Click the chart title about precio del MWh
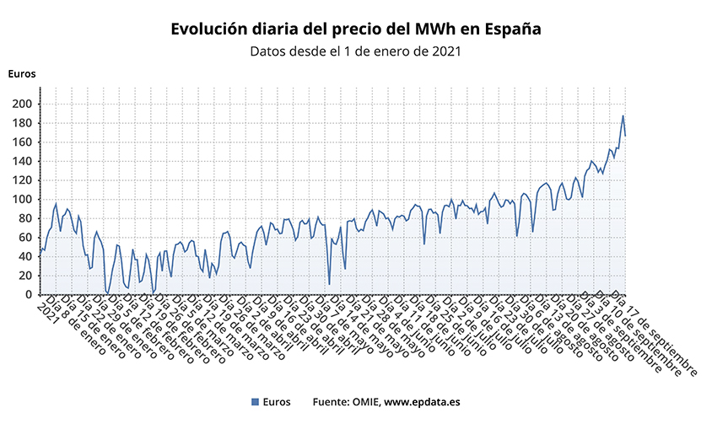coord(355,29)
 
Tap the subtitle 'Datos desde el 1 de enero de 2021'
coord(355,51)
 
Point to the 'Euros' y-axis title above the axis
coord(22,73)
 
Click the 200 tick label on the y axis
coord(23,104)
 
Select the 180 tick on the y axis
coord(23,123)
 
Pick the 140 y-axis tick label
coord(23,161)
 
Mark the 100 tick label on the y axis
coord(23,200)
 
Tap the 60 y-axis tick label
coord(26,238)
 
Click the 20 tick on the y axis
coord(26,276)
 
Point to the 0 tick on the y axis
coord(30,295)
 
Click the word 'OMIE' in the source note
coord(364,402)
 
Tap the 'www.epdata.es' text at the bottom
coord(422,402)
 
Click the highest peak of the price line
coord(623,116)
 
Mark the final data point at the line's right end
coord(625,136)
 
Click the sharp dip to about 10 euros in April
coord(329,284)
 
